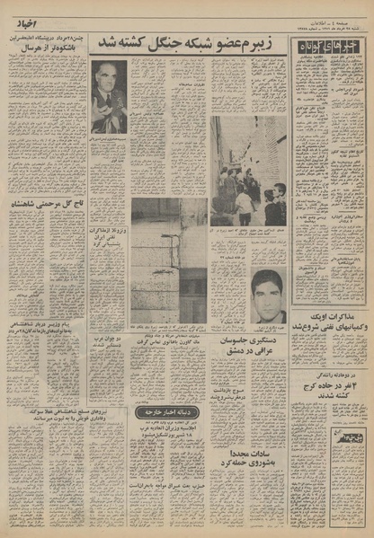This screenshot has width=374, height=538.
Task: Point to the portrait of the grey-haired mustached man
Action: [109, 96]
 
